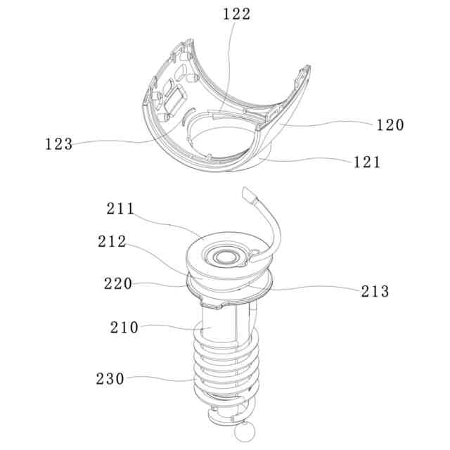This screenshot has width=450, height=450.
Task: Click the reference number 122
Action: click(x=236, y=13)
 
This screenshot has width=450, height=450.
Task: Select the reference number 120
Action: click(x=390, y=125)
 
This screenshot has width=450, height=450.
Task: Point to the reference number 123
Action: click(x=58, y=144)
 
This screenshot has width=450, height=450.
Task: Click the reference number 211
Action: click(x=122, y=209)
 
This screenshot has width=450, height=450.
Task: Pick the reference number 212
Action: click(x=112, y=242)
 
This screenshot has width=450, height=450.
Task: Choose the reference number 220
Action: click(x=118, y=284)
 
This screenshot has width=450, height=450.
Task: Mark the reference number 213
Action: click(x=374, y=291)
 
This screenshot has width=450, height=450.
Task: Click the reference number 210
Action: click(x=124, y=327)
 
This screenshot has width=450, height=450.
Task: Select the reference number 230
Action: click(x=110, y=379)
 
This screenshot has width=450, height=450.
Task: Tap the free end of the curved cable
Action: click(x=247, y=192)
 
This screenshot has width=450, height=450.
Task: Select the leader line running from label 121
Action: click(x=309, y=160)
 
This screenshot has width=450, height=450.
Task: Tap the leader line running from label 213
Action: click(x=309, y=289)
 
